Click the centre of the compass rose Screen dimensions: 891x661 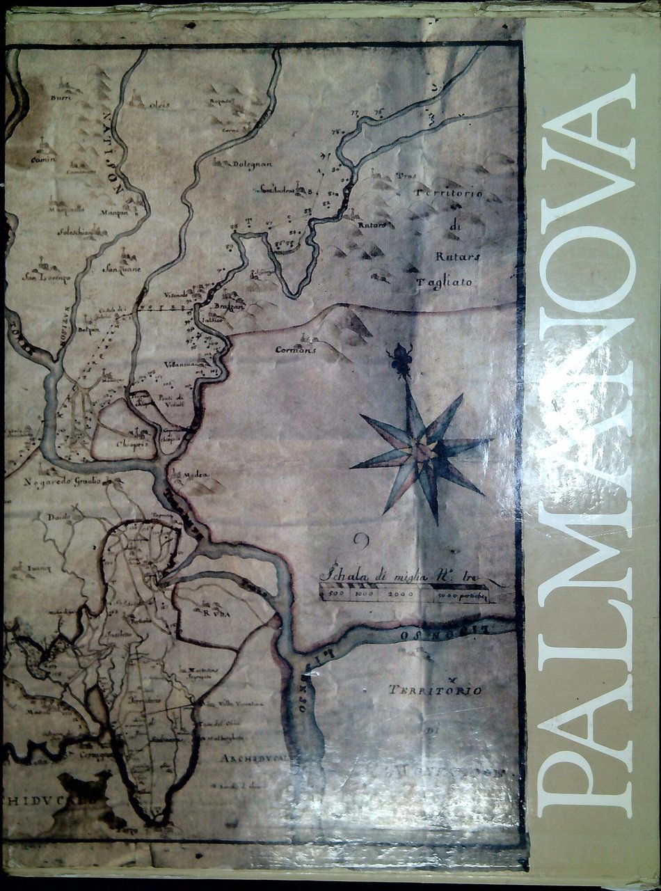pos(421,450)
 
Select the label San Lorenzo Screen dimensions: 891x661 pos(47,278)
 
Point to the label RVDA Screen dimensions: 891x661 pos(217,613)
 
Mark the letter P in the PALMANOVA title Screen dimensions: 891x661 pos(587,771)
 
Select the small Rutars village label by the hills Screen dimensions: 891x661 pos(371,225)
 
